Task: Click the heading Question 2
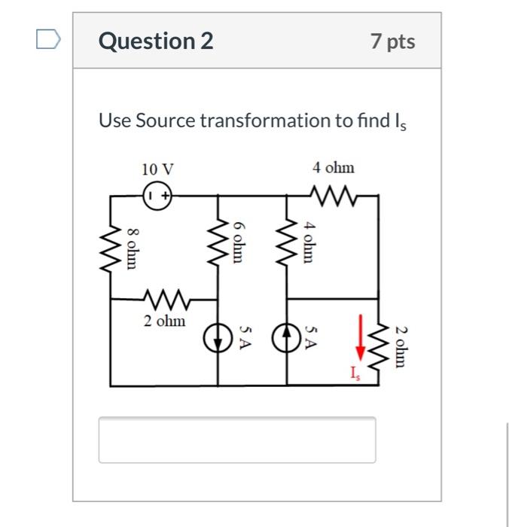[156, 41]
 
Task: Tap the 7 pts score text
[392, 41]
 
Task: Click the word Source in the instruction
[166, 120]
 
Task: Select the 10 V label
[157, 169]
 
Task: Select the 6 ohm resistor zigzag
[218, 242]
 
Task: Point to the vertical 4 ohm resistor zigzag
[289, 242]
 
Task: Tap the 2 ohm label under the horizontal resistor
[164, 321]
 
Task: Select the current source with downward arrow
[218, 341]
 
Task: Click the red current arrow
[361, 337]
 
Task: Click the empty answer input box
[236, 440]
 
